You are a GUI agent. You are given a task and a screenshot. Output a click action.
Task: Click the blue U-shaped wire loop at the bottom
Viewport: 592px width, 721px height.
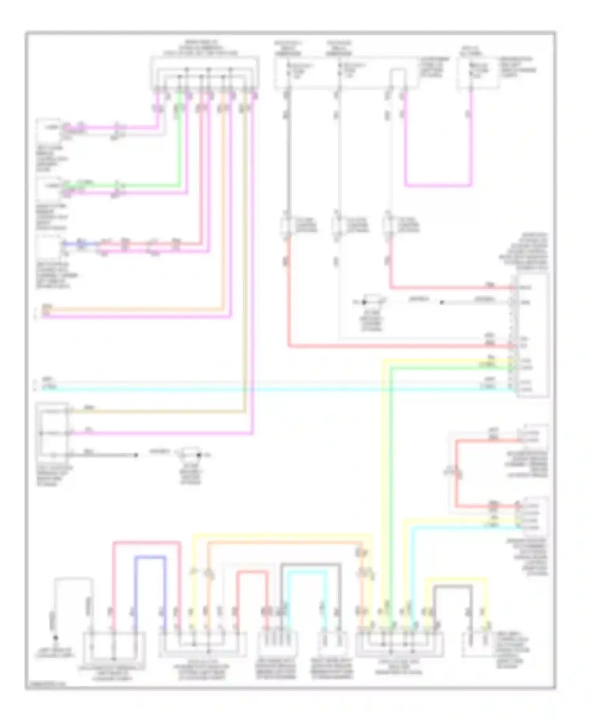(x=150, y=557)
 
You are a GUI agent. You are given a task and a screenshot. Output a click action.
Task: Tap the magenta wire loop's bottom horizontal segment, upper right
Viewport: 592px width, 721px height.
(x=438, y=185)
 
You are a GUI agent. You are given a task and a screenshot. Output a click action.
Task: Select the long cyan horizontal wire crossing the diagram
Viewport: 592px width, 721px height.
(x=276, y=389)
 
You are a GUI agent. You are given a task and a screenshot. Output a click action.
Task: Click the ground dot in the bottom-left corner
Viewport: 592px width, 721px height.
(x=56, y=638)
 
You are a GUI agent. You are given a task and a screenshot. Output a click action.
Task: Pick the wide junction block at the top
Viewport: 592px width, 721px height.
(x=204, y=73)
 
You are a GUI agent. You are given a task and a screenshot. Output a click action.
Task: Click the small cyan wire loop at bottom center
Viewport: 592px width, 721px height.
(x=307, y=572)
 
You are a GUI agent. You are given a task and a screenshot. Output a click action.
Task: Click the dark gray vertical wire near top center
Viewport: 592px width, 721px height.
(x=289, y=158)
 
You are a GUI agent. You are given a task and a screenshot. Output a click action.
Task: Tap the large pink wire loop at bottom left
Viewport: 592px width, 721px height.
(x=146, y=543)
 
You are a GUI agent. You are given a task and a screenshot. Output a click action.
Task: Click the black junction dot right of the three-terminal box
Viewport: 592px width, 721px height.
(x=136, y=455)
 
